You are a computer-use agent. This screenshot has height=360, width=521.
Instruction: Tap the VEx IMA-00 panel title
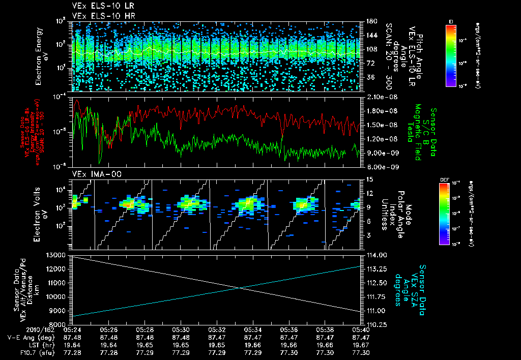coord(93,174)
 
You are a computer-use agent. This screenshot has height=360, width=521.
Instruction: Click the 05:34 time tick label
coord(252,329)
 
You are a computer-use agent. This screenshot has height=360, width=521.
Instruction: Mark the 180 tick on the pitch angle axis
coord(370,21)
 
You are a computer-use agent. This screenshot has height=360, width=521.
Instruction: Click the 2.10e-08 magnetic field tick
coord(378,97)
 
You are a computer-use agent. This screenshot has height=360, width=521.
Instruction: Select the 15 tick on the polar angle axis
coord(367,179)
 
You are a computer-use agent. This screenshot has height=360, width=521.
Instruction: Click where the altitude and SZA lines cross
coord(240,288)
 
